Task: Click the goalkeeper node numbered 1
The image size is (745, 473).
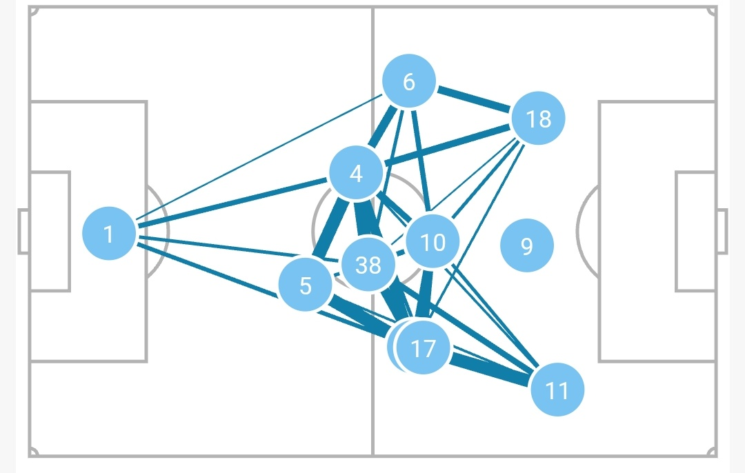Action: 108,234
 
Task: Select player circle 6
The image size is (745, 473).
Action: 409,82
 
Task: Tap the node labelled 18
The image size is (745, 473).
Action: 538,119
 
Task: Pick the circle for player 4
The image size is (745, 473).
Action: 356,174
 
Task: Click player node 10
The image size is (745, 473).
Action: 433,242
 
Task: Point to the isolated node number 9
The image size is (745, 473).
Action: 526,246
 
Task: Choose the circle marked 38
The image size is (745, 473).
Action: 368,264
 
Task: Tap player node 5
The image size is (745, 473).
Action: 306,285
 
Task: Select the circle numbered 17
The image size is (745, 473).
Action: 424,348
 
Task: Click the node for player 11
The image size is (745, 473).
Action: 557,390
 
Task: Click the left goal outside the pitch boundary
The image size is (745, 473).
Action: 23,231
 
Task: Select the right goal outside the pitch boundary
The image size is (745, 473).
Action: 722,231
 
